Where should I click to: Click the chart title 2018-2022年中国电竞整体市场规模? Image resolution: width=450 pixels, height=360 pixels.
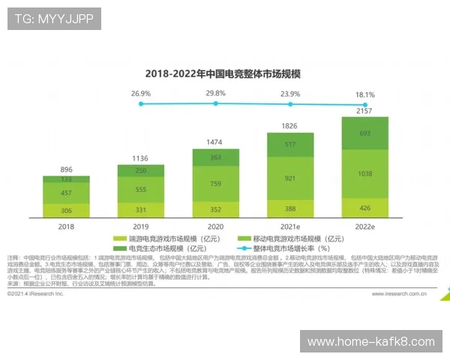[x=212, y=73]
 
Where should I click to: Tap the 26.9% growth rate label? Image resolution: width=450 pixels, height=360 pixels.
[x=141, y=94]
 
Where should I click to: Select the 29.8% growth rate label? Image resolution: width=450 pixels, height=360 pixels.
[x=215, y=94]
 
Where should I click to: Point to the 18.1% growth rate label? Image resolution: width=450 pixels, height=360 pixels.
[x=365, y=95]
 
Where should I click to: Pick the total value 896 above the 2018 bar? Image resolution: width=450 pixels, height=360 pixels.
[x=67, y=170]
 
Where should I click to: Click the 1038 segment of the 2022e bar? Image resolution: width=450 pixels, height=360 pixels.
[x=364, y=173]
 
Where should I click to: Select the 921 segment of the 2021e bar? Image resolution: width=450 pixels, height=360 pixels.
[x=289, y=178]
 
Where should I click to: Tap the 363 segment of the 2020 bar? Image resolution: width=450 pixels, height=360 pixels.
[x=215, y=157]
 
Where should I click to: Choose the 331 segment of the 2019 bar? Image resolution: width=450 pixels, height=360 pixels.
[x=141, y=211]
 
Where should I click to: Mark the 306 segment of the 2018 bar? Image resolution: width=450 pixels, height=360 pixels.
[x=67, y=211]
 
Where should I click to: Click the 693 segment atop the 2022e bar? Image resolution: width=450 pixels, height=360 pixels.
[x=364, y=133]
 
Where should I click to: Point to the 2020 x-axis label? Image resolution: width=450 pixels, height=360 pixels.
[x=215, y=225]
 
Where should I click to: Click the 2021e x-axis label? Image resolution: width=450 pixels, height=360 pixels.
[x=289, y=225]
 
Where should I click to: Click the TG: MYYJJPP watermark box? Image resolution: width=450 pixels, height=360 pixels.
[x=53, y=19]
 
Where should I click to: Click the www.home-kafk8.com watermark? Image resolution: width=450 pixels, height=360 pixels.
[x=370, y=341]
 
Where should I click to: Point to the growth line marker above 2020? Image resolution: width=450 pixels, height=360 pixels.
[x=215, y=103]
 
